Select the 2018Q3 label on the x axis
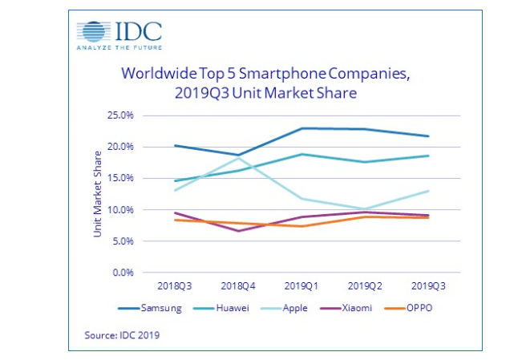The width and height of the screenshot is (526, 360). (175, 286)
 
